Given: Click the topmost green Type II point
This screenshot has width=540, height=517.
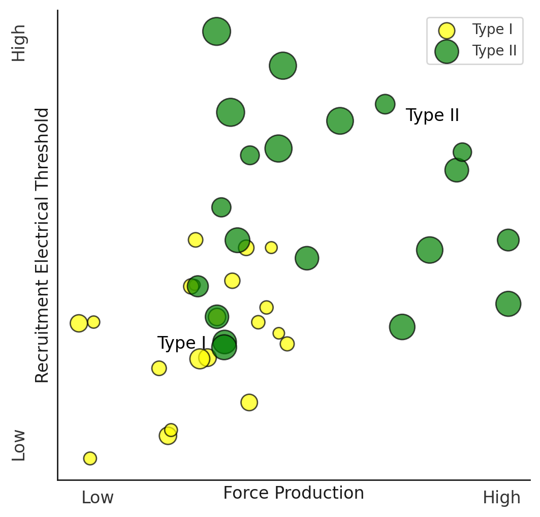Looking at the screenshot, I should click(x=216, y=32).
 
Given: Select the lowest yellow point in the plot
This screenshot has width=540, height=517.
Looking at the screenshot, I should click(x=90, y=458).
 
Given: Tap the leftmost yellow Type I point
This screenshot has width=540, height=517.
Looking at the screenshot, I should click(x=79, y=323).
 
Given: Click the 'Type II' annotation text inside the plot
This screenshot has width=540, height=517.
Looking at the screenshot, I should click(x=432, y=116).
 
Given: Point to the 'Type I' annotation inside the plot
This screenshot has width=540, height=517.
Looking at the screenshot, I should click(x=181, y=344).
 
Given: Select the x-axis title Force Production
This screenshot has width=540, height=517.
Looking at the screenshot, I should click(x=294, y=493).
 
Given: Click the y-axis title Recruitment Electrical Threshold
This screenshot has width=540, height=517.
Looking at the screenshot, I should click(x=42, y=245).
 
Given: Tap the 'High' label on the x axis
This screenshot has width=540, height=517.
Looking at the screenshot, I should click(x=501, y=498).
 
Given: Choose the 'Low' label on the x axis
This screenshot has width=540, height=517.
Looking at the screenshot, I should click(x=98, y=498).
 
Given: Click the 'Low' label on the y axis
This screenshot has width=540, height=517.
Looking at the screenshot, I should click(x=19, y=445).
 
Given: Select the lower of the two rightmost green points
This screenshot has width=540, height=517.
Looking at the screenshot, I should click(x=508, y=303).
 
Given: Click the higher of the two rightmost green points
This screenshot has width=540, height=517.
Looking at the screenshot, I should click(x=508, y=239).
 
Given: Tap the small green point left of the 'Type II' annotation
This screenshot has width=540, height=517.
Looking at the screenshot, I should click(x=385, y=104).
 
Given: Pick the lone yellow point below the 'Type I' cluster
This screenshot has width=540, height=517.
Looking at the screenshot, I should click(x=249, y=402).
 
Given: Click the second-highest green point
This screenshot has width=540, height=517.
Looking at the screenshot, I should click(x=283, y=65).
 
